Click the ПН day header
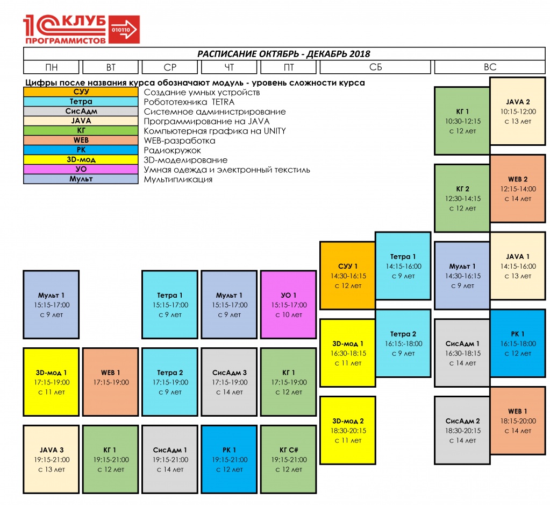51,67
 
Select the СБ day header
375,67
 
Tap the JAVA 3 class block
51,459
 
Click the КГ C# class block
289,459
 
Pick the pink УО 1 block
289,305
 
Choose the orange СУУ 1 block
348,276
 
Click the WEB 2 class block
518,188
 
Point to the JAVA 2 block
518,111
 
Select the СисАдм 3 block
230,382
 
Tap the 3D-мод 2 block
348,431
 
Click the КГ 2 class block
462,199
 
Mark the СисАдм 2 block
462,431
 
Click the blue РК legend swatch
81,150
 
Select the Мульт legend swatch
81,179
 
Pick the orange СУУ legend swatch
81,92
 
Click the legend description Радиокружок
172,150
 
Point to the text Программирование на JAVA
206,122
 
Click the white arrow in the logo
124,30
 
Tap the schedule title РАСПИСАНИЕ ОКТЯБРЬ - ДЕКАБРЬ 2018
284,54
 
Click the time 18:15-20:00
518,420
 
